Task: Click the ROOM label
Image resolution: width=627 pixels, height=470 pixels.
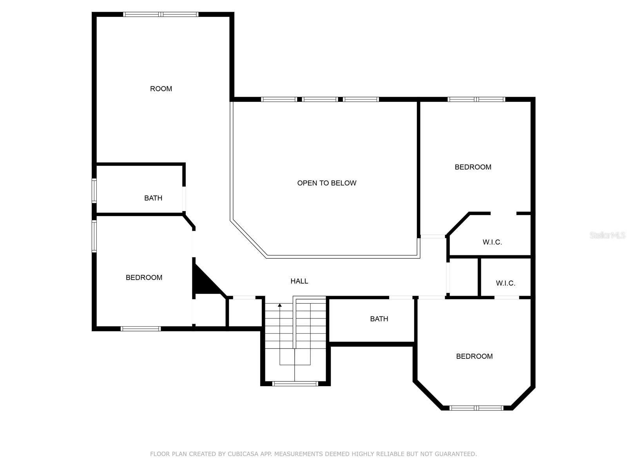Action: [161, 89]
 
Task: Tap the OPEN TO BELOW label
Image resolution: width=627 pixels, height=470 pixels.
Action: [326, 183]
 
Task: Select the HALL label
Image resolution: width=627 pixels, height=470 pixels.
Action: [299, 281]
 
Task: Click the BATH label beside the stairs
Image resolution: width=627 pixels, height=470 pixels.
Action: [379, 319]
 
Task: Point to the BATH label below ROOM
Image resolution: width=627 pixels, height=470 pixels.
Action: [153, 198]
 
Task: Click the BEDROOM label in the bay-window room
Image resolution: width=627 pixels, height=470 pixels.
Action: [474, 356]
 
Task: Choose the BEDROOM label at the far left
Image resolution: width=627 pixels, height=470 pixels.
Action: [144, 277]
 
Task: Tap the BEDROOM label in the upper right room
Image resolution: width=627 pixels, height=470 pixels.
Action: [473, 167]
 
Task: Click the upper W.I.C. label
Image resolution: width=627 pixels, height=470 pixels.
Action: [492, 242]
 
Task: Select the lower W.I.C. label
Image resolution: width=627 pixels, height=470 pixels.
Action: [505, 283]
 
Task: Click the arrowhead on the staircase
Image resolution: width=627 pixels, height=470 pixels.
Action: [280, 305]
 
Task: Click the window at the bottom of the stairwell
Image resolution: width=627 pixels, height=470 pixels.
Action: [295, 384]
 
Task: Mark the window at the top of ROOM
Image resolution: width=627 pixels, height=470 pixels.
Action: [161, 14]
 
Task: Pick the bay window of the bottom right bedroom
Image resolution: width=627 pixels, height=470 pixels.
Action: [476, 408]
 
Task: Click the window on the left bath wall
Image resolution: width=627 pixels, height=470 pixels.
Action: [94, 191]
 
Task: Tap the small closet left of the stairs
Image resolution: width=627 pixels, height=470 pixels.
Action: [245, 312]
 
